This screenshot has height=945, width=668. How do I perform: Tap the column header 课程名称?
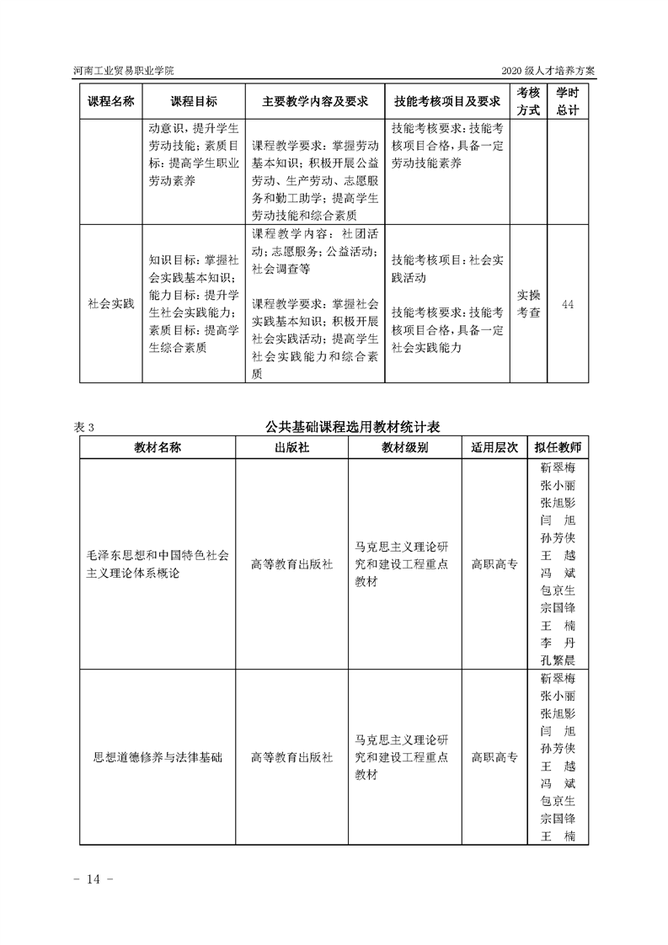(110, 101)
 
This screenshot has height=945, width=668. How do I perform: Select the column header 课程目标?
(194, 101)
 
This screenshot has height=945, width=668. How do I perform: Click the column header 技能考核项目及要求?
(447, 101)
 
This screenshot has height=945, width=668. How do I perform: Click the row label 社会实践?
(110, 304)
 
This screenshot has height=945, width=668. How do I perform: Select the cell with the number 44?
(567, 304)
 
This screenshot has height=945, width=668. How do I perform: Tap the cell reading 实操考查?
(528, 304)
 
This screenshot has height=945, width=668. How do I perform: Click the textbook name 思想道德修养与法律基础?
(158, 757)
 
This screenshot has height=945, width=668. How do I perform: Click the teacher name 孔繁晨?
(557, 660)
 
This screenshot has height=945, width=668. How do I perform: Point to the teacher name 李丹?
(557, 643)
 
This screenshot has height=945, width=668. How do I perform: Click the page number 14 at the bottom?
(93, 879)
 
